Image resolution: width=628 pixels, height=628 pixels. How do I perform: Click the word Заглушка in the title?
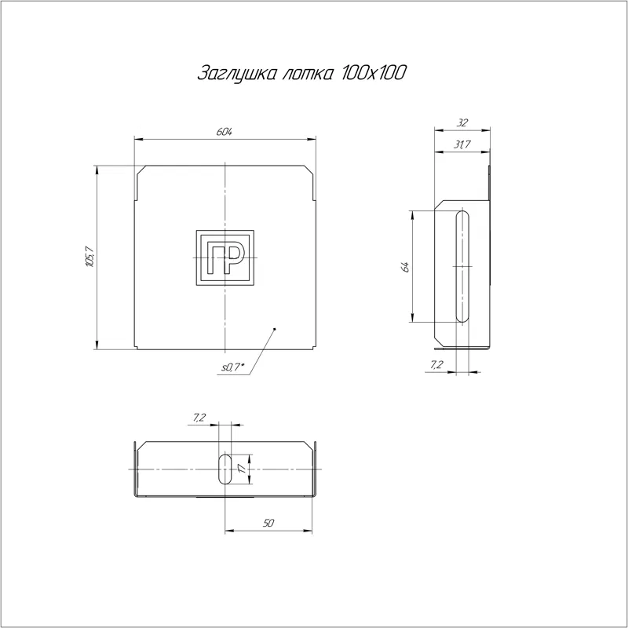[x=236, y=73]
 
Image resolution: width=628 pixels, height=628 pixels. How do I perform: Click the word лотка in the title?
[x=308, y=74]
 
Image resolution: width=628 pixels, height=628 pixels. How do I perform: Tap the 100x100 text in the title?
[x=374, y=72]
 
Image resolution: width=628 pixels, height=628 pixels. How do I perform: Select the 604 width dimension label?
[x=224, y=132]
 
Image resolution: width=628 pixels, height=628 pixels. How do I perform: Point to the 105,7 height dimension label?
[x=89, y=257]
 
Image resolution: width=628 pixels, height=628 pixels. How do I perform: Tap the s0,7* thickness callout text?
[x=232, y=367]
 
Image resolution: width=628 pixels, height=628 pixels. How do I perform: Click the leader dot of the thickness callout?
[x=274, y=329]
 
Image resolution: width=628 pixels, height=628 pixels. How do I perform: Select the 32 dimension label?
[x=462, y=122]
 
